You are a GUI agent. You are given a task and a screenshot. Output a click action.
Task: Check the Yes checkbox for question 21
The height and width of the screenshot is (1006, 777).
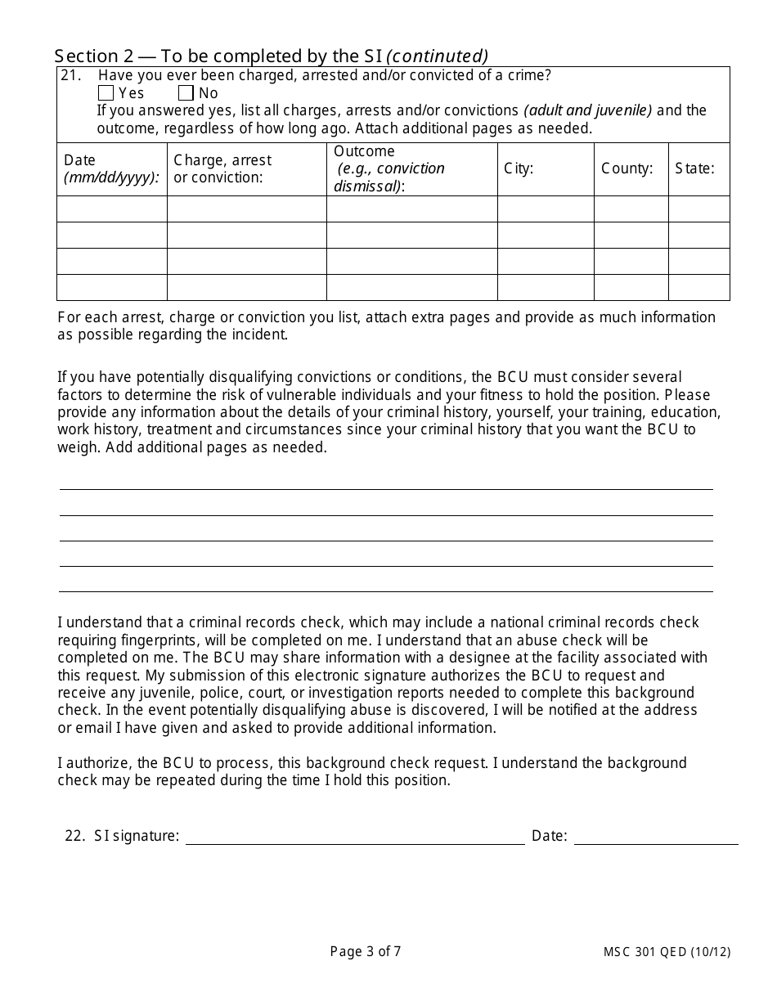pos(106,93)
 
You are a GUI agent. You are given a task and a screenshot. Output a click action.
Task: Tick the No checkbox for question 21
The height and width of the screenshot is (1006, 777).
pos(186,93)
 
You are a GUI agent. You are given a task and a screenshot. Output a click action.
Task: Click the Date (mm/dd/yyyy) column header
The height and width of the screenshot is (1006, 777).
pos(111,169)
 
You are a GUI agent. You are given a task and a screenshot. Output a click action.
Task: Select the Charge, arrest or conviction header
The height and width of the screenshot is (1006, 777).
pos(222,169)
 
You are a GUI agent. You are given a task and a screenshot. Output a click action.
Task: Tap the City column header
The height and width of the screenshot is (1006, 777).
pos(519,168)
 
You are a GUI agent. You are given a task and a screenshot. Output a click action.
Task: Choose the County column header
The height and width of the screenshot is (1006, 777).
pos(627,168)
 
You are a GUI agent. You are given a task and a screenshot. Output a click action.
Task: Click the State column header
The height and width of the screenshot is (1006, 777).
pos(694,168)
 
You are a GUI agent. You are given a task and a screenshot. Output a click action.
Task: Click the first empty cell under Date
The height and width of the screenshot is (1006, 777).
pos(112,209)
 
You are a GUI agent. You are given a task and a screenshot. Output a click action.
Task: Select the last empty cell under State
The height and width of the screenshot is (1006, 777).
pos(698,287)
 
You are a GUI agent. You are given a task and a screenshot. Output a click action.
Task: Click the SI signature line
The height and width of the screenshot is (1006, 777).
pos(355,836)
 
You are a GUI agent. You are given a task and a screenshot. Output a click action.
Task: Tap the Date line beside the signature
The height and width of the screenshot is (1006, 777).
pos(656,836)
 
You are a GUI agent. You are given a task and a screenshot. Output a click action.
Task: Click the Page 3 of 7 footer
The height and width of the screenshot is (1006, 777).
pos(366,951)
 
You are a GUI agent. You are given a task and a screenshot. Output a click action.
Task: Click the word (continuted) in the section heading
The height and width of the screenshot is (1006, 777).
pos(437,56)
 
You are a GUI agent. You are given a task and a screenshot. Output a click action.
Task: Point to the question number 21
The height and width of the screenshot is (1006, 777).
pos(71,76)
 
